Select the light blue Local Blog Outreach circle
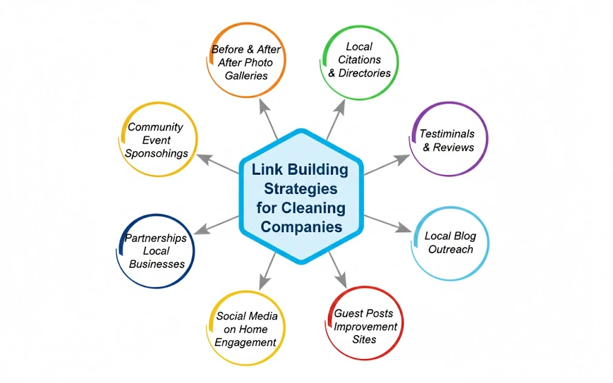point(451,242)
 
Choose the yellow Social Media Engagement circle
point(245,328)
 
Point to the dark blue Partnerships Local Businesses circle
point(156,251)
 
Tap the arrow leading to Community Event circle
point(217,165)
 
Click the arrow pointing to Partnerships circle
point(217,224)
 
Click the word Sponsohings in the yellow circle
point(156,153)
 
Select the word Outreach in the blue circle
point(450,249)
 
